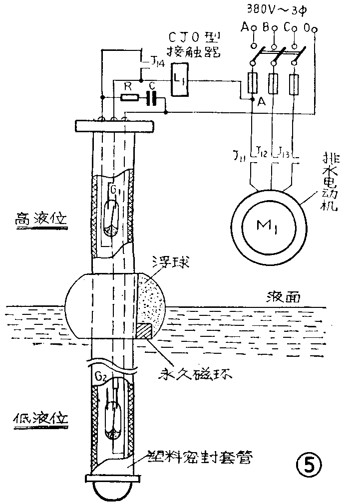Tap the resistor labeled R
(129, 97)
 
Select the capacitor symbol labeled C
(153, 97)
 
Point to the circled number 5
(306, 465)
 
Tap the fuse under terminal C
(295, 83)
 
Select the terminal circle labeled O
(314, 31)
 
